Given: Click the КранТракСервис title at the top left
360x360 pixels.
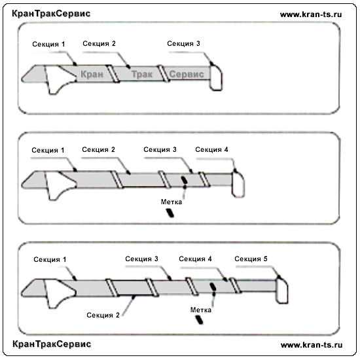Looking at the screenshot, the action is pos(51,14).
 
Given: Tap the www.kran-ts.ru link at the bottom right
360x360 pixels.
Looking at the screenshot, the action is pos(312,344).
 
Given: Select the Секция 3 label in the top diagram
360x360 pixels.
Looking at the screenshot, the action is pos(183,44).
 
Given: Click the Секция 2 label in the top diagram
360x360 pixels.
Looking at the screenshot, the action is pos(99,44).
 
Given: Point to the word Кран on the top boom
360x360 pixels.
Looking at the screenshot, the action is pos(92,74).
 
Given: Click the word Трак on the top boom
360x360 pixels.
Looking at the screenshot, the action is pos(142,74).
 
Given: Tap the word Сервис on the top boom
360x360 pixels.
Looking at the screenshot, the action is pos(187,74).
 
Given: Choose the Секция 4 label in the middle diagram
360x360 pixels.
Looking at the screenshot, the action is pos(211,150).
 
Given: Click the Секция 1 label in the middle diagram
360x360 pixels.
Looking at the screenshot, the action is pos(48,151).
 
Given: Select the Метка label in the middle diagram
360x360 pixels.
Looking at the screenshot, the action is pos(171,202).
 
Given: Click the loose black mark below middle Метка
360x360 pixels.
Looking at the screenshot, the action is pos(170,213).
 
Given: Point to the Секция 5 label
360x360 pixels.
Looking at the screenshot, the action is pos(251,259).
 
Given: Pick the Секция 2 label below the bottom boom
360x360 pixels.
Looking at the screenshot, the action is pos(103,315).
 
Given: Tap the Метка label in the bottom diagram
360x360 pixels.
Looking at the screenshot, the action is pos(201,310).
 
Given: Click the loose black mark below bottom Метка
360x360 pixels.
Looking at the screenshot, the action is pos(199,319).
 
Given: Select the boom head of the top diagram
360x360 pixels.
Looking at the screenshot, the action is pos(216,78).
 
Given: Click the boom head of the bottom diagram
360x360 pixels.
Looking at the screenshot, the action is pos(281,291).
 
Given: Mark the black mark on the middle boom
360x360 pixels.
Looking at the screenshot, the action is pos(185,180).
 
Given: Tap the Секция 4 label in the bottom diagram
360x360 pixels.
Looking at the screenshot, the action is pos(195,259).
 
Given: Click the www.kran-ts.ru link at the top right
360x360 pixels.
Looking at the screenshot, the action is pos(311,14).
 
